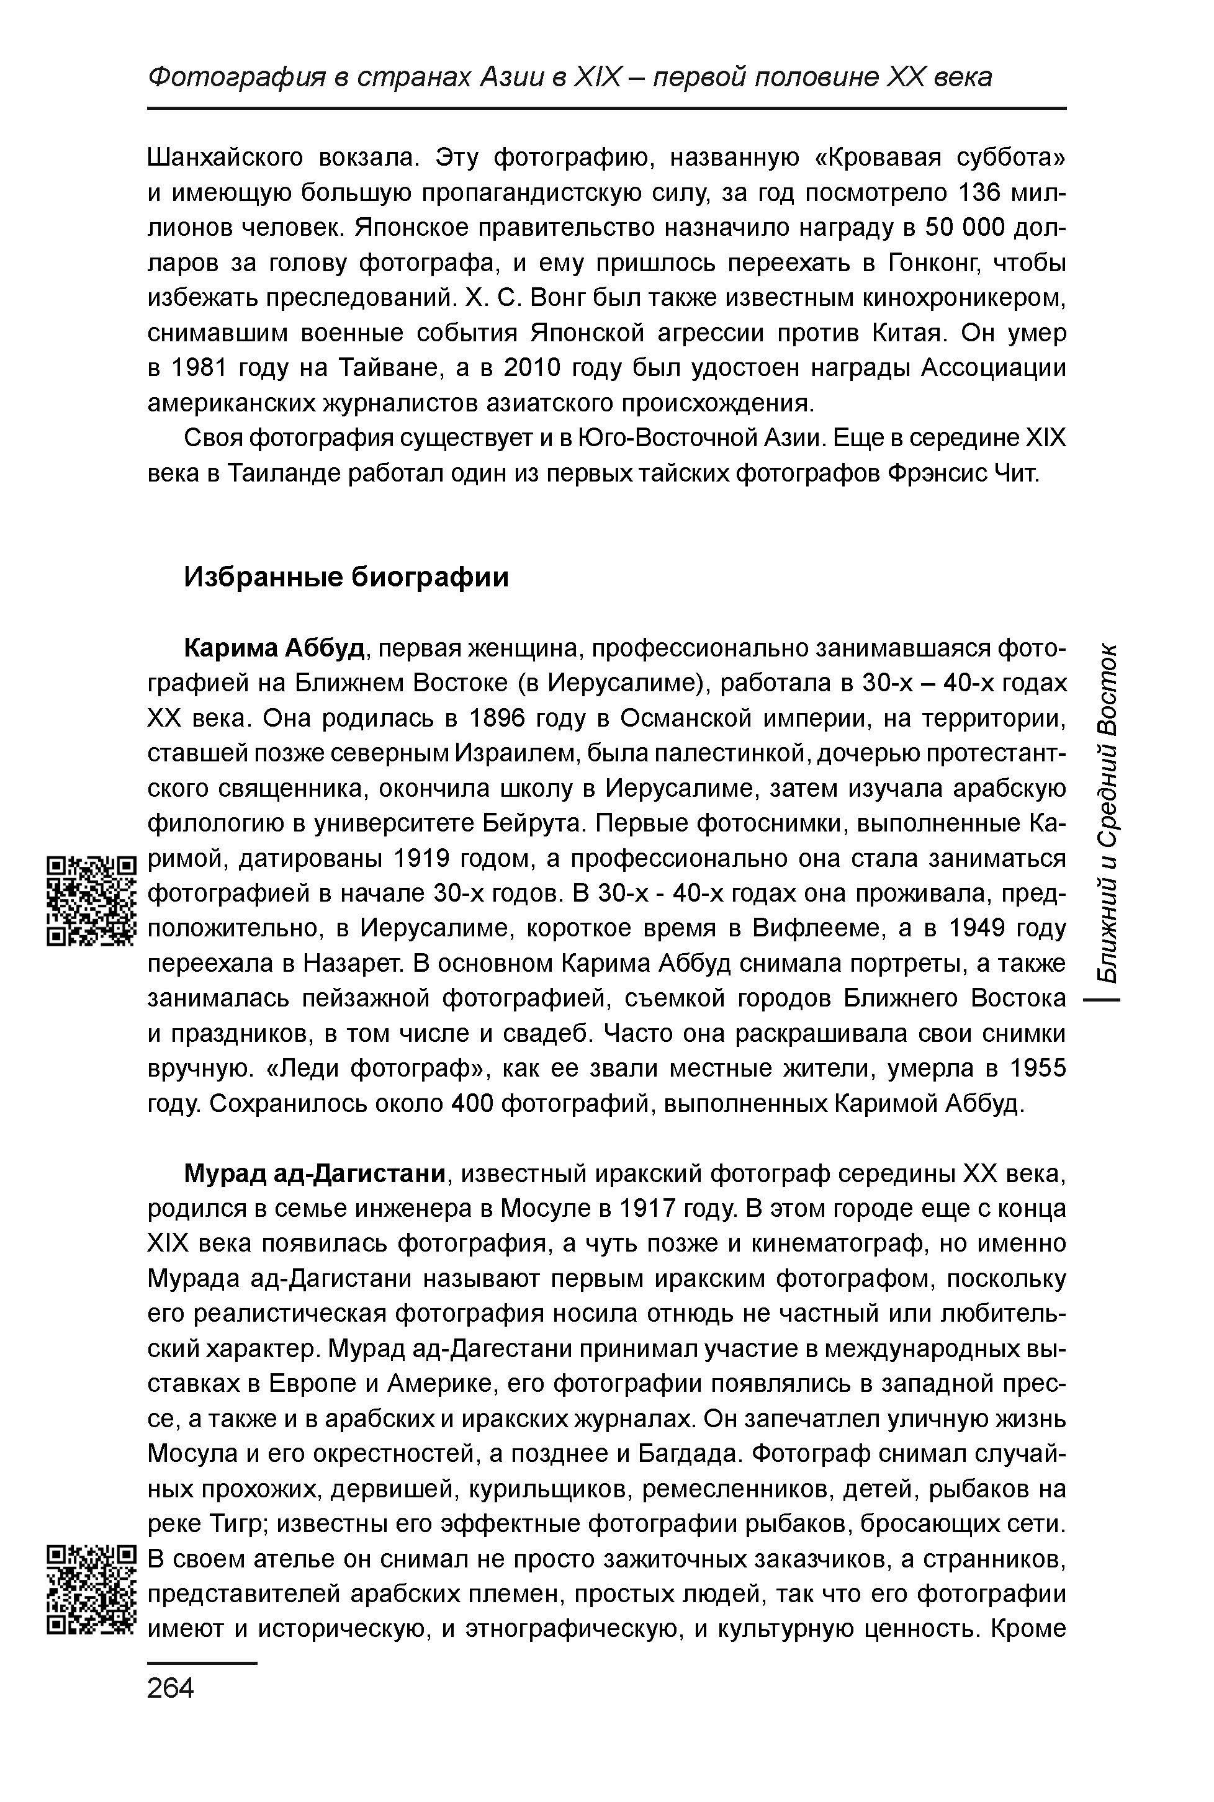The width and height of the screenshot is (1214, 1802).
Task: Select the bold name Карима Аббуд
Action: click(274, 647)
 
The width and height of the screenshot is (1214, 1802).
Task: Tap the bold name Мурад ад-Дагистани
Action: click(316, 1174)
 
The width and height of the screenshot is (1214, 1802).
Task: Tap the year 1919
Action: click(423, 858)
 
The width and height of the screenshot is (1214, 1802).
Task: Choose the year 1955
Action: click(1038, 1069)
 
